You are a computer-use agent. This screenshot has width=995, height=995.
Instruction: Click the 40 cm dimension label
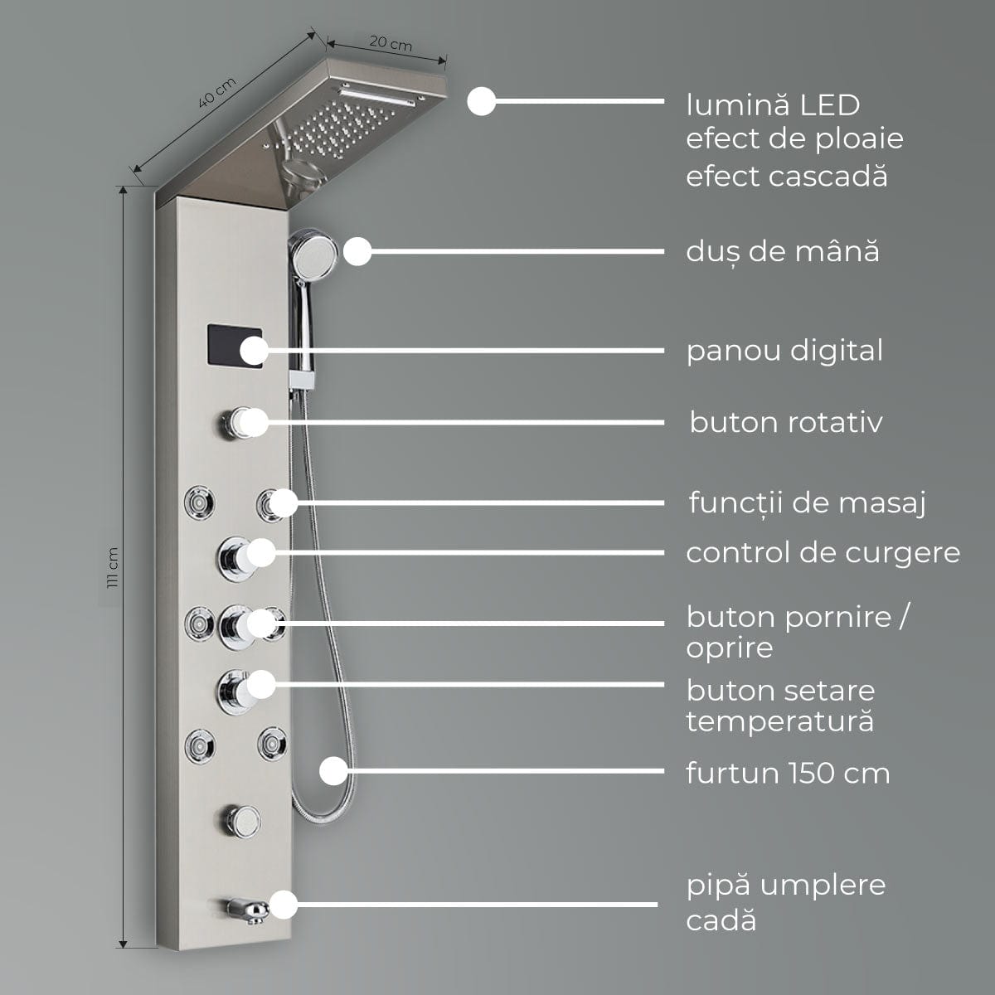coord(217,92)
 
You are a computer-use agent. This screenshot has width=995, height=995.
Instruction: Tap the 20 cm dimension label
coord(390,44)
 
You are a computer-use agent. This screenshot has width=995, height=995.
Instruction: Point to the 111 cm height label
coord(113,567)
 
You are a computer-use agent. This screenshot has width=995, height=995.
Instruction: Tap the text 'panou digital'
coord(784,351)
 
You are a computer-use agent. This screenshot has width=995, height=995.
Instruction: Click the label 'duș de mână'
coord(782,251)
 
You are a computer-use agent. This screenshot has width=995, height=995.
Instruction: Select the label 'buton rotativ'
coord(785,422)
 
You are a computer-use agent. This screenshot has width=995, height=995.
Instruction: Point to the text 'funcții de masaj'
coord(807,502)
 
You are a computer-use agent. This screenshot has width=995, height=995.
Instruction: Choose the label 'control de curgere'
coord(823,552)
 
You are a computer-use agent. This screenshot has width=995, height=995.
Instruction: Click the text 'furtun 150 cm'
coord(788,773)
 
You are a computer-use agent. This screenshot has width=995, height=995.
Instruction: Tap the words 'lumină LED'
coord(773,105)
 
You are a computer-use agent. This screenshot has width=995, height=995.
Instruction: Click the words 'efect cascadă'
coord(786,176)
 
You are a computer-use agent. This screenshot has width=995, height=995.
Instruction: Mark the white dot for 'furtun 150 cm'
coord(333,770)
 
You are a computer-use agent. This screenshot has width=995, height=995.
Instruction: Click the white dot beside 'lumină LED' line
coord(481,102)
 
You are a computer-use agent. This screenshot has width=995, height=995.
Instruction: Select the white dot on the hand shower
coord(357,251)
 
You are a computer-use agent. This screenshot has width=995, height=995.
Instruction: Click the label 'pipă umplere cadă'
coord(785,902)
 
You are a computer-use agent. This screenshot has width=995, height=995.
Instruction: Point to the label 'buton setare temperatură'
coord(780,706)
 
